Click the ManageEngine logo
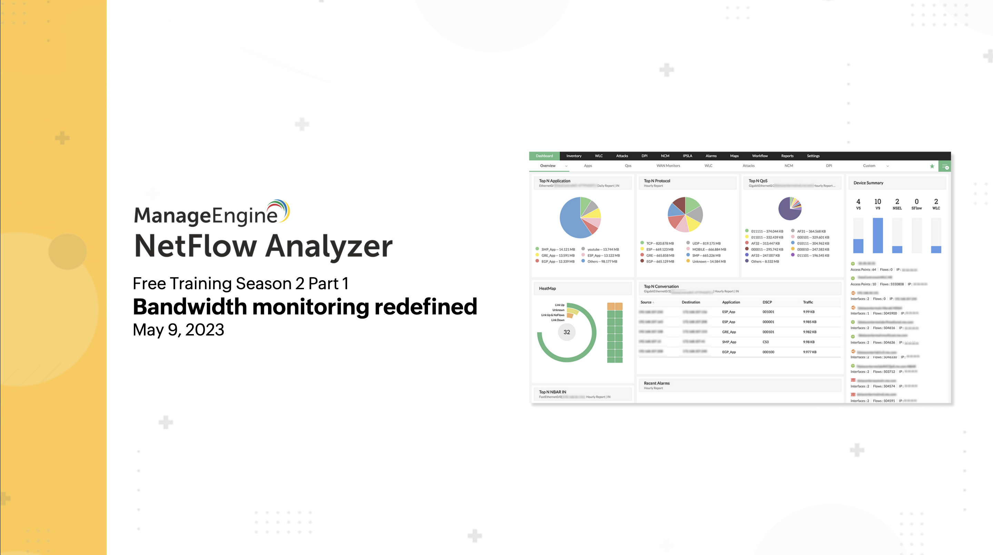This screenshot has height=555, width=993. (211, 213)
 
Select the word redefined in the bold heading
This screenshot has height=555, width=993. (426, 307)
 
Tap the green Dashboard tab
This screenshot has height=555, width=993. (544, 156)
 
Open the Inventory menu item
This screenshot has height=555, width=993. (574, 156)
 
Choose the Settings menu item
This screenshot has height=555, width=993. (813, 156)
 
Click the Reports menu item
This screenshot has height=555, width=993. (787, 156)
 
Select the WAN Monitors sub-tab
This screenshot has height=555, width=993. (668, 166)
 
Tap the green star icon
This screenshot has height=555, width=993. (932, 166)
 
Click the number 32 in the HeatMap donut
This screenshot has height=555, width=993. (567, 332)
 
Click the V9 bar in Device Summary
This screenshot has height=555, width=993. (878, 235)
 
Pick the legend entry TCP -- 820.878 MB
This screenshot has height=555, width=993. (659, 243)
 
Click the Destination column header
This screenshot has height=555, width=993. (691, 302)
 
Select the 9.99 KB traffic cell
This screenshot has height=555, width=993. (809, 312)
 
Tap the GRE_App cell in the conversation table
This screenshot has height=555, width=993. (728, 332)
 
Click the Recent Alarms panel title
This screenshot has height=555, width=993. (656, 383)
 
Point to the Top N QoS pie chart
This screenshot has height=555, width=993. (790, 209)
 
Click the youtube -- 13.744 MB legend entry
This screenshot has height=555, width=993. (603, 250)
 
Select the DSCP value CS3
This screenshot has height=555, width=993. (766, 342)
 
